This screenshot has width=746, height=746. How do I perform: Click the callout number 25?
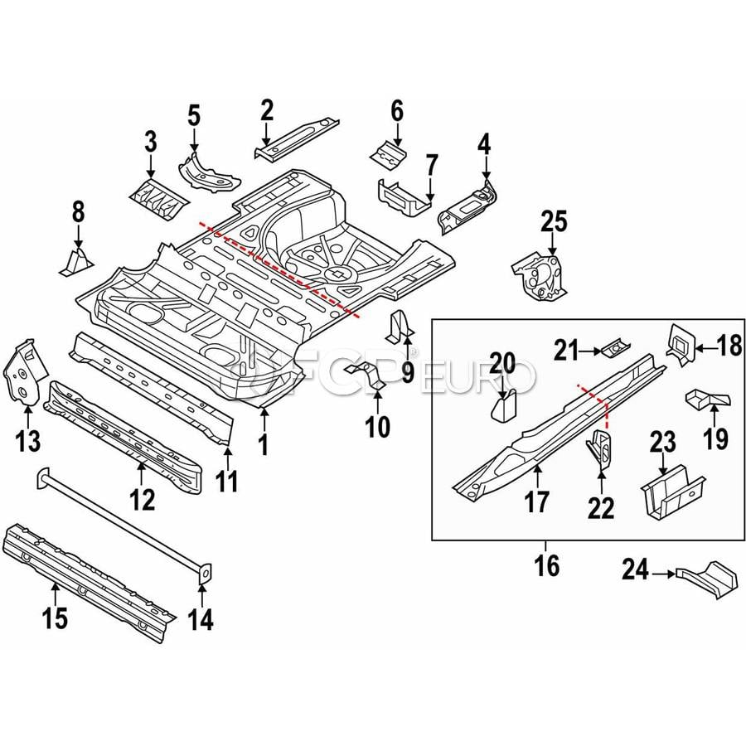coord(555,222)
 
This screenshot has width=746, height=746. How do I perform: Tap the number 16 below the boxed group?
coord(547,565)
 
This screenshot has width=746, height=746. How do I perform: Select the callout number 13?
coord(28,441)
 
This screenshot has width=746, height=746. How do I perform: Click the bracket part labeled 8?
coord(76,261)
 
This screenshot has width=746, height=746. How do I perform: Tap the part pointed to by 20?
coord(503,406)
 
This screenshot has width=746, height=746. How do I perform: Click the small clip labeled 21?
coord(616,349)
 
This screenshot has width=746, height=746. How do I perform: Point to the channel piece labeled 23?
coord(671,491)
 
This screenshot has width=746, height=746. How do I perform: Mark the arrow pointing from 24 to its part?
coord(663,574)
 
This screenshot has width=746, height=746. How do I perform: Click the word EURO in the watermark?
coord(477,378)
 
